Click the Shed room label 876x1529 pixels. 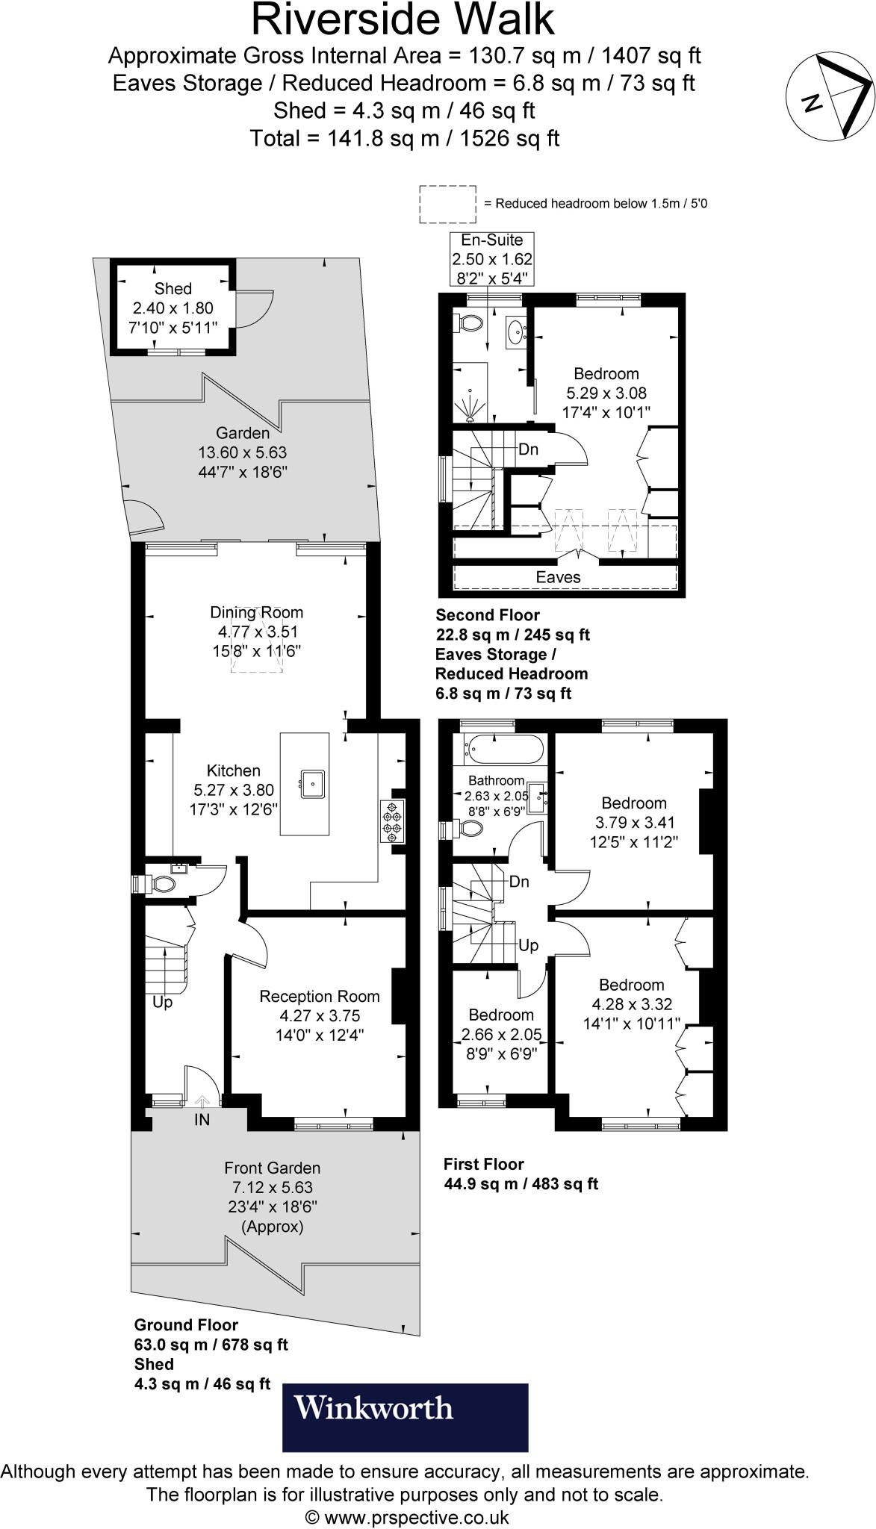point(173,289)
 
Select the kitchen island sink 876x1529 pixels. point(313,783)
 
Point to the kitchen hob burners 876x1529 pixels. point(392,821)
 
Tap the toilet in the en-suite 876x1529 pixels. point(467,323)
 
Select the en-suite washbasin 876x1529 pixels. point(517,332)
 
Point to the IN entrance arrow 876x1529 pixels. point(202,1100)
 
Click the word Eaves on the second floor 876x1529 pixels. point(558,576)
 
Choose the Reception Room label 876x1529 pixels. point(320,996)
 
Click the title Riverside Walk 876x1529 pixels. point(403,19)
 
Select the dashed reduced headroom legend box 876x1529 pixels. point(448,204)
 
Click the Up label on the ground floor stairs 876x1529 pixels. point(162,1003)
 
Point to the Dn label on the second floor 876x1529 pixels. point(529,450)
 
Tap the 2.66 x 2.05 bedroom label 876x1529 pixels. point(501,1034)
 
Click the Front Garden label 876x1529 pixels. point(273,1168)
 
